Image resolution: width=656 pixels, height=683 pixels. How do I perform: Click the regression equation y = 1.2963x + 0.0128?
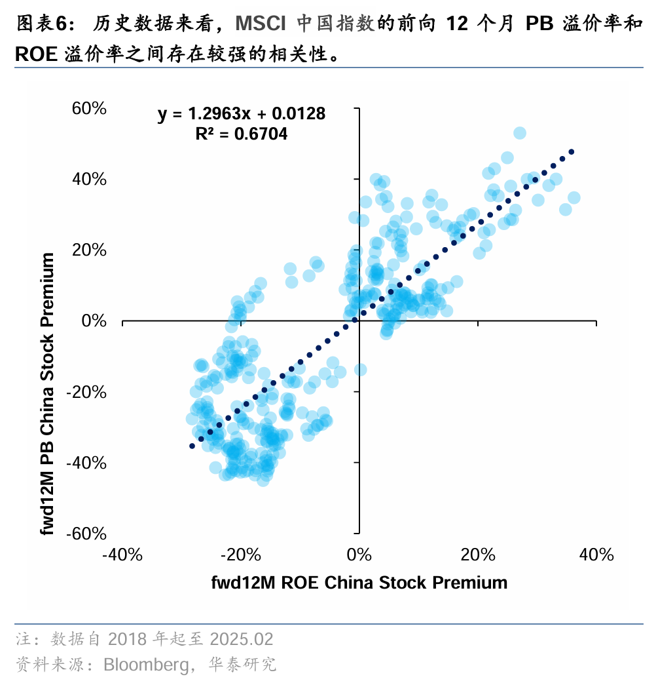click(x=242, y=114)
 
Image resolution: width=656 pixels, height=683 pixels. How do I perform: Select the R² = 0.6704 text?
click(x=242, y=134)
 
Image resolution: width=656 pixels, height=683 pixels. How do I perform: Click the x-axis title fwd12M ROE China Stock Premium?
click(x=359, y=583)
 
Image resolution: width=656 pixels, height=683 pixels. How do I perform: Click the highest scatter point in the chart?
click(x=520, y=133)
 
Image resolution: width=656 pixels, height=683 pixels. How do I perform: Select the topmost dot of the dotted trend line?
click(x=572, y=151)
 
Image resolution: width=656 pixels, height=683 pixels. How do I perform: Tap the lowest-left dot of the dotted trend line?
click(x=192, y=446)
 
